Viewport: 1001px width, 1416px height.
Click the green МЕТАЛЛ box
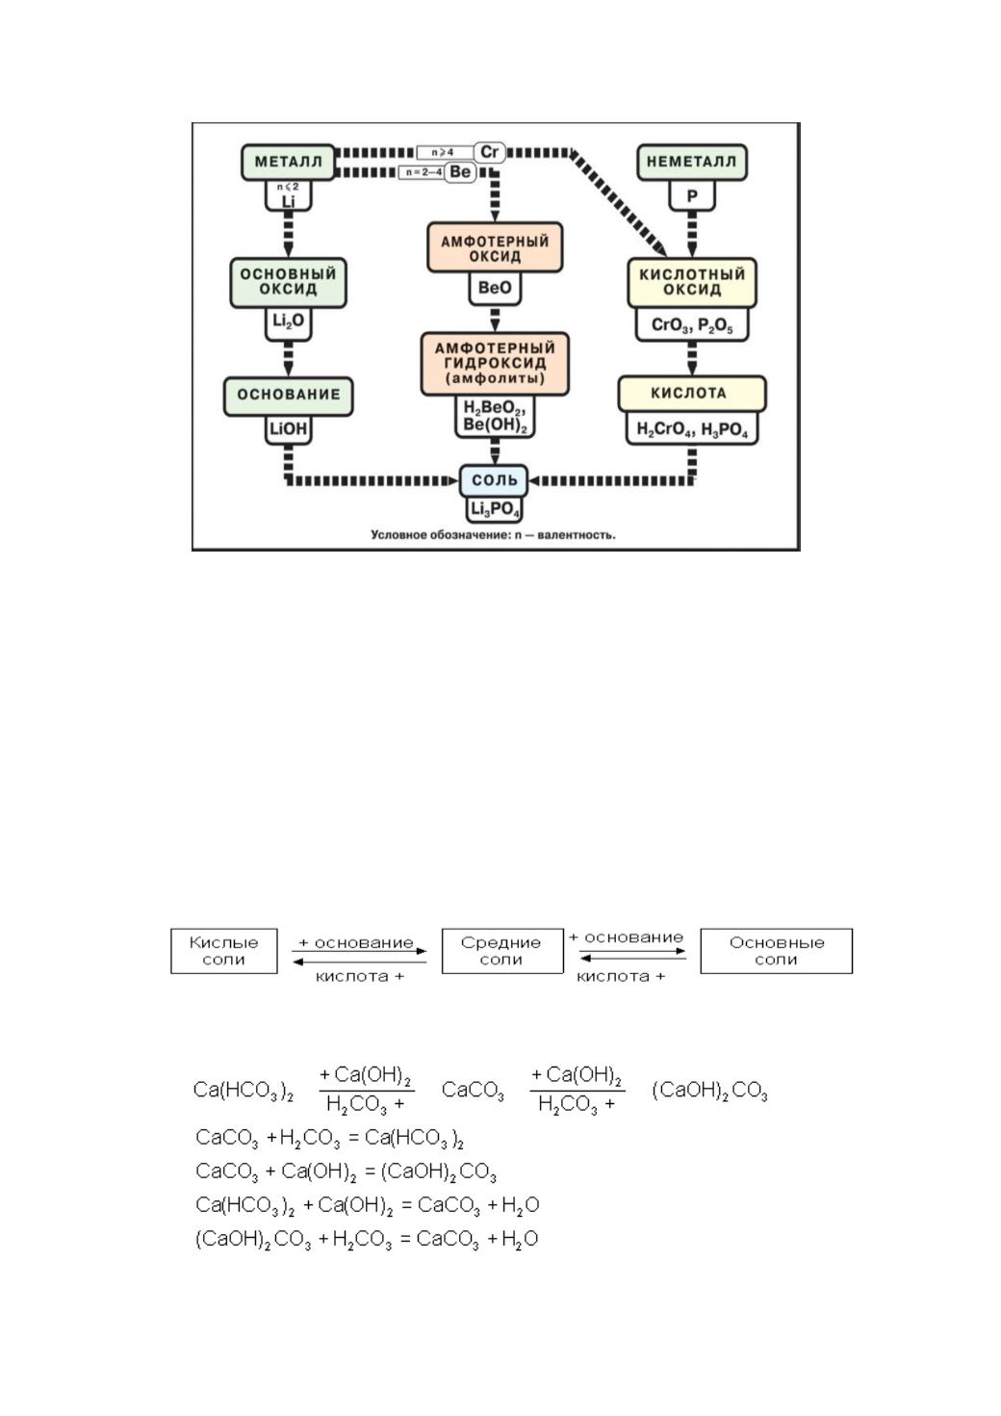point(288,162)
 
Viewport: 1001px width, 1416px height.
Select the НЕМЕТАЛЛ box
point(691,162)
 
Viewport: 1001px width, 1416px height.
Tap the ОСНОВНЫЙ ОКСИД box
point(288,283)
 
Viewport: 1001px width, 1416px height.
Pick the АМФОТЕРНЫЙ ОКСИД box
point(495,247)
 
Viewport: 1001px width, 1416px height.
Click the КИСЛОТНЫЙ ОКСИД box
point(692,283)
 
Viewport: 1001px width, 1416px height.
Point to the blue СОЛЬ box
point(494,480)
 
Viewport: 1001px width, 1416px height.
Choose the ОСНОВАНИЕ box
point(288,397)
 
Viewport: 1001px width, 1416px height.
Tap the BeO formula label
point(495,288)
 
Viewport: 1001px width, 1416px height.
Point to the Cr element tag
point(490,152)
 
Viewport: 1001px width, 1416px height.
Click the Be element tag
point(460,172)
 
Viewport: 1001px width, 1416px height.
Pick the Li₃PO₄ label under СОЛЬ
point(495,509)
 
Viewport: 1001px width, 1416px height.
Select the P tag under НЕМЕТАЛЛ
point(692,196)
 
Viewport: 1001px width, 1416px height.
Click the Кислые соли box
point(223,951)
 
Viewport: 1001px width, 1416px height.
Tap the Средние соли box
point(502,951)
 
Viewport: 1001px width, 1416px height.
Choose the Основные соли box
point(776,951)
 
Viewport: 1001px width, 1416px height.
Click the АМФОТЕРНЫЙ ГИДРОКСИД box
point(495,364)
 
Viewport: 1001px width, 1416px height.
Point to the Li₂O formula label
point(288,323)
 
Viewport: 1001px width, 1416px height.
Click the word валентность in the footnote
point(576,535)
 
